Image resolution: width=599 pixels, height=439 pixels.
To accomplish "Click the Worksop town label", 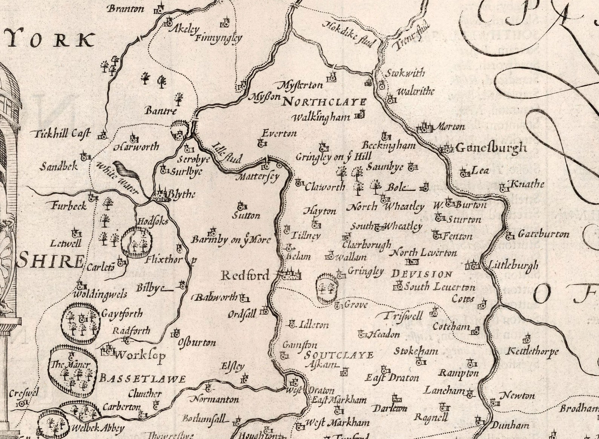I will [x=140, y=356].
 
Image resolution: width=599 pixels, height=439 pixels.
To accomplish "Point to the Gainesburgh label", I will [x=491, y=147].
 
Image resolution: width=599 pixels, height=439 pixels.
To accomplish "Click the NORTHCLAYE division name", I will [x=324, y=102].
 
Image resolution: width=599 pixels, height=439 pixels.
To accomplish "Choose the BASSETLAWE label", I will [x=142, y=379].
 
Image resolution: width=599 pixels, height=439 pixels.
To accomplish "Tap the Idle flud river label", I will [x=226, y=153].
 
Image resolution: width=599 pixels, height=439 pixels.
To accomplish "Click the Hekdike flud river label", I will [x=349, y=34].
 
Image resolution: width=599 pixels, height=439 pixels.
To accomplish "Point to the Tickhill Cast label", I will [x=61, y=134].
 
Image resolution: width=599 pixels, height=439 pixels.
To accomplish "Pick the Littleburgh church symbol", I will [x=472, y=265].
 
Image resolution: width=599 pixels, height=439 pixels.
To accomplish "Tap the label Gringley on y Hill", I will [x=333, y=156].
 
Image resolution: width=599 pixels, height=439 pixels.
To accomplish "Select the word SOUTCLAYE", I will [x=339, y=355].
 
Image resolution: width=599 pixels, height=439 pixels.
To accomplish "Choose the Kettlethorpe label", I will [x=532, y=351].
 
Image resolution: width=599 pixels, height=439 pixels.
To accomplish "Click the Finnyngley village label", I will [x=218, y=38].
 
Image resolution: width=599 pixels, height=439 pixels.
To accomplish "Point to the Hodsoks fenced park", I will [x=136, y=242].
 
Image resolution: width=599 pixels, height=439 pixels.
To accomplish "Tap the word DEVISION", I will [x=422, y=274].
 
